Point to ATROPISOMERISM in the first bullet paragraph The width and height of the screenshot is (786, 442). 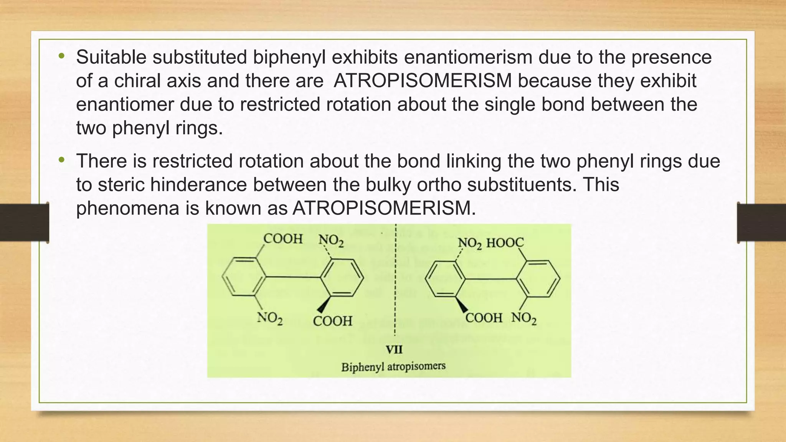pos(423,81)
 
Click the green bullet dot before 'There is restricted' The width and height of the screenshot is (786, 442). pos(61,160)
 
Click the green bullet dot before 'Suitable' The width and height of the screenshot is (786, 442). pos(61,56)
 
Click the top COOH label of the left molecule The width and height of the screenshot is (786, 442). pos(283,239)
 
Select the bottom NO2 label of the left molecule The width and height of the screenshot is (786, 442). pos(270,318)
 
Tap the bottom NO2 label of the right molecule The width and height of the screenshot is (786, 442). pos(523,318)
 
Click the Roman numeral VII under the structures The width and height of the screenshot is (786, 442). pos(394,350)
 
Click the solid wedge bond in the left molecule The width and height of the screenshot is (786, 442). pos(324,305)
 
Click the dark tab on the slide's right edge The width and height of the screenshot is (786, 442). pos(761,223)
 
